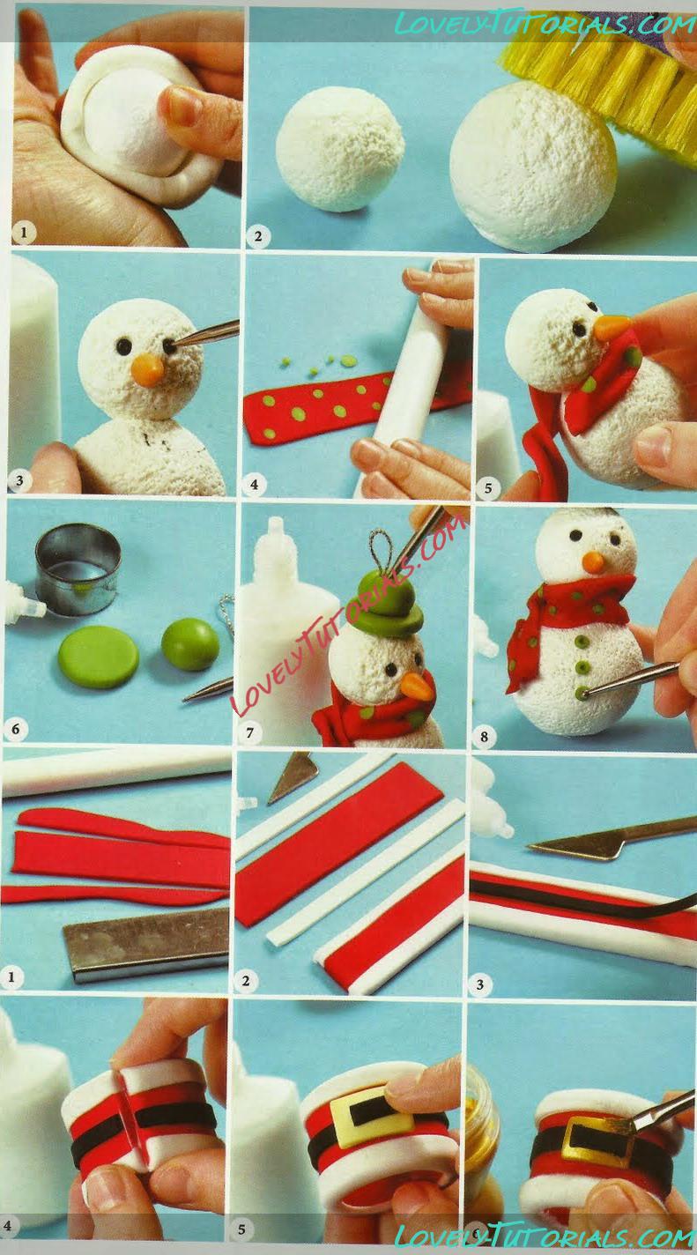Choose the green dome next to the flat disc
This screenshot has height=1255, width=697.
pos(190,643)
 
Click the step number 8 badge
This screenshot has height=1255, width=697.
pos(484,736)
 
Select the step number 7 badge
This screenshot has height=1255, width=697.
pos(250,732)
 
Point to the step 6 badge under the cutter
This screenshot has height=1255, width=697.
pos(15,729)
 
